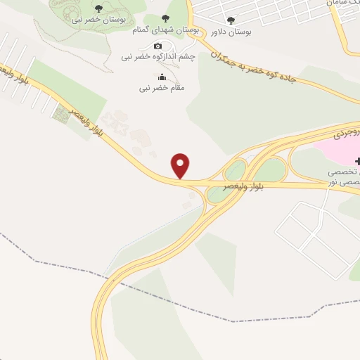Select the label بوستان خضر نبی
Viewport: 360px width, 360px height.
[x=98, y=20]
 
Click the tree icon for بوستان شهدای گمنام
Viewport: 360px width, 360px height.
[x=166, y=19]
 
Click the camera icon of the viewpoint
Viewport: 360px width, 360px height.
[x=157, y=46]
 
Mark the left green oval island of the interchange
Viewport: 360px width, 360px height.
[x=235, y=171]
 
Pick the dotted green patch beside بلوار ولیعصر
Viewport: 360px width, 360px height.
[x=62, y=115]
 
